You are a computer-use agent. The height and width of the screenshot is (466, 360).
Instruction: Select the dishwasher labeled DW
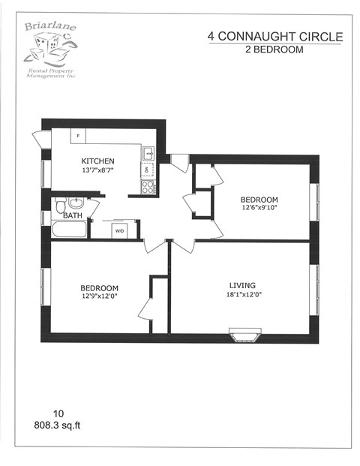pos(148,170)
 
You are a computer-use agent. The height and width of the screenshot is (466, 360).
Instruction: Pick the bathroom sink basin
pos(77,203)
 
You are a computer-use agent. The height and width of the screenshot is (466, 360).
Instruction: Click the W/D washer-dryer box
pos(119,230)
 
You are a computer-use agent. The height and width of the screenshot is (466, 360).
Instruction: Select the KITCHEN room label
pos(97,161)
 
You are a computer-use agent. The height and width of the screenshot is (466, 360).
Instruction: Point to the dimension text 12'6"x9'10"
pos(259,209)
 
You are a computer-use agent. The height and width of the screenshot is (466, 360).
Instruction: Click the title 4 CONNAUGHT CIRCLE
pos(274,37)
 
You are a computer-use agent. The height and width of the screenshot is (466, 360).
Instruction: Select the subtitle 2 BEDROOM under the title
pos(274,50)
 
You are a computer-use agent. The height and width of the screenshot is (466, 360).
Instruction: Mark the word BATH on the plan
pos(73,216)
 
